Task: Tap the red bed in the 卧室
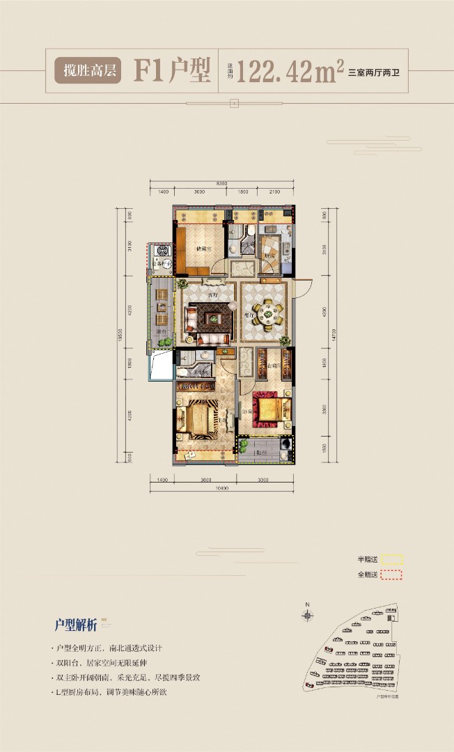(x=268, y=410)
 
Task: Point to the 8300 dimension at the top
(x=221, y=182)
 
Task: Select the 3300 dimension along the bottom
(x=264, y=480)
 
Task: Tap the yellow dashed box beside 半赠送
(x=393, y=559)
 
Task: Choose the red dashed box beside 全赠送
(x=393, y=575)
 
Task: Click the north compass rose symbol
(x=306, y=615)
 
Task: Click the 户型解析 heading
(x=76, y=623)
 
